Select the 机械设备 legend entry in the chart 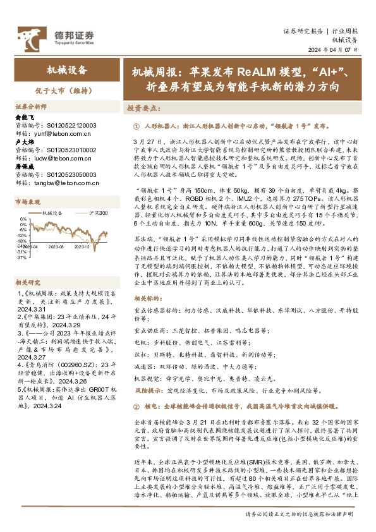pyautogui.click(x=57, y=214)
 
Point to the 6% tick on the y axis pyautogui.click(x=23, y=219)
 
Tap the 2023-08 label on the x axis pyautogui.click(x=56, y=248)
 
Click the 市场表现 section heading pyautogui.click(x=28, y=202)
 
